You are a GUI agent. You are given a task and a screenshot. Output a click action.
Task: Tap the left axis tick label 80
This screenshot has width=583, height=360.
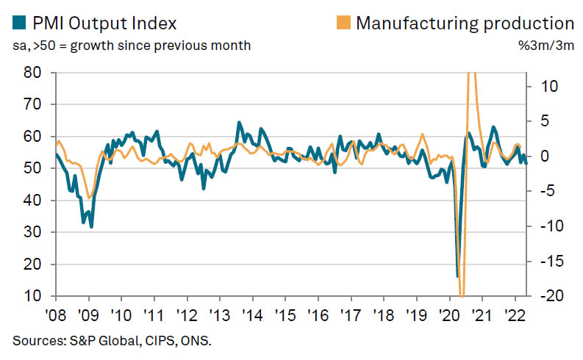click(x=33, y=73)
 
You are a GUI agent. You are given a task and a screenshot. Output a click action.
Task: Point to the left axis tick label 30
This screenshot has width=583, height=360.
click(x=33, y=232)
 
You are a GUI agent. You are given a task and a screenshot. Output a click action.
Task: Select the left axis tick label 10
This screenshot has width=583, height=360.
click(x=33, y=296)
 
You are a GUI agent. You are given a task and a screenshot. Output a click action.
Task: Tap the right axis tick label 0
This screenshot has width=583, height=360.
click(x=543, y=156)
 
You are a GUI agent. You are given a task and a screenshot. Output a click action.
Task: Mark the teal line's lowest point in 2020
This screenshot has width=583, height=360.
click(x=457, y=276)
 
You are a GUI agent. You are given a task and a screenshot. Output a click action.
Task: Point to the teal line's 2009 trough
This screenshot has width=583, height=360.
click(x=91, y=227)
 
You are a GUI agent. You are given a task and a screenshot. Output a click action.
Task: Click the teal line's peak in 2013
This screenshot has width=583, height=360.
click(x=239, y=123)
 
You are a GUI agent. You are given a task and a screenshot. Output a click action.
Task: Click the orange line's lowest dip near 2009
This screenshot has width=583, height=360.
click(x=88, y=198)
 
